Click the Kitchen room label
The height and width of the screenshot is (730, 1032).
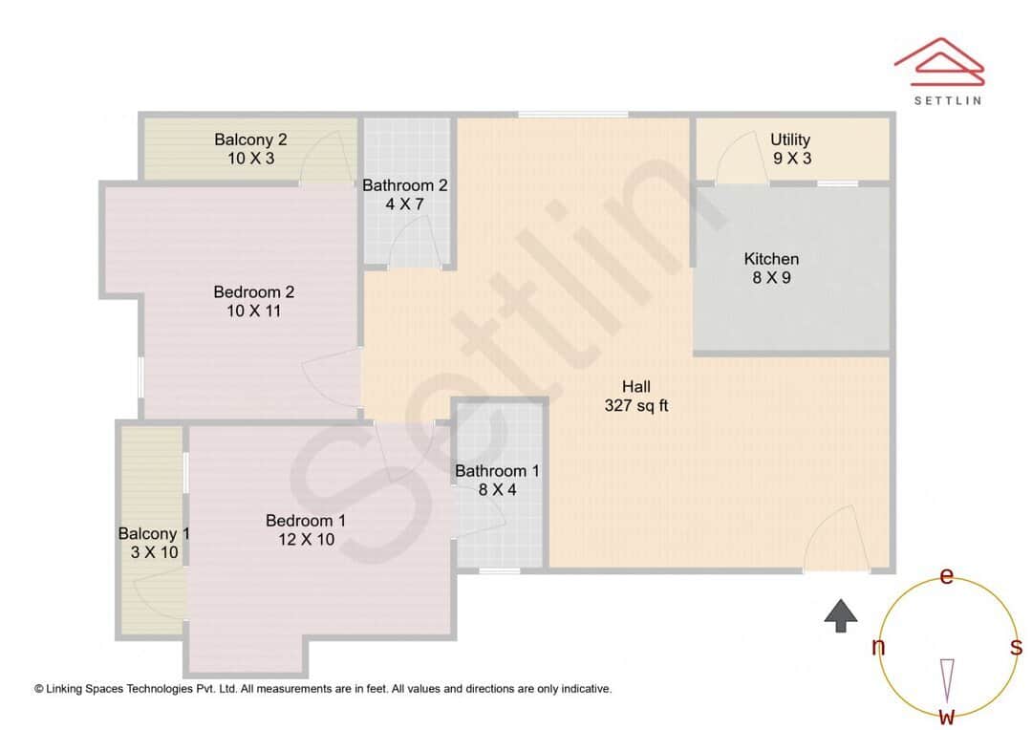point(771,259)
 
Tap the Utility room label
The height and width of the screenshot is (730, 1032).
point(790,140)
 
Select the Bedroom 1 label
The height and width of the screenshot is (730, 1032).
point(305,521)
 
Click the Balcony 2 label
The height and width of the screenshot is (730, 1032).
point(250,140)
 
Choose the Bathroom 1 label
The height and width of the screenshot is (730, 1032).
point(497,471)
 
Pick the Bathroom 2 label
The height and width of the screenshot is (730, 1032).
point(404,185)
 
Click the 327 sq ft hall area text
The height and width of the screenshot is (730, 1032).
point(636,405)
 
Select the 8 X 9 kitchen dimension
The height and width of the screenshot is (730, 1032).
point(771,278)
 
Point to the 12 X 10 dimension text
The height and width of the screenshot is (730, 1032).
point(305,540)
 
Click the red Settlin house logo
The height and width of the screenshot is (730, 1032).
point(938,61)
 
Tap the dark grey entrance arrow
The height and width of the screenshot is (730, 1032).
point(841,615)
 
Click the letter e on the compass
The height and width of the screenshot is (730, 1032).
point(947,576)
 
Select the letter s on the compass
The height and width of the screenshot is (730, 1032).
point(1016,648)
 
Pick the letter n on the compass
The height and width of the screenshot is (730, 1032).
point(878,648)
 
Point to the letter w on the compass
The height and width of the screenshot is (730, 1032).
point(947,716)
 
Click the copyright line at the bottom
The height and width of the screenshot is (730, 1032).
point(323,688)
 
